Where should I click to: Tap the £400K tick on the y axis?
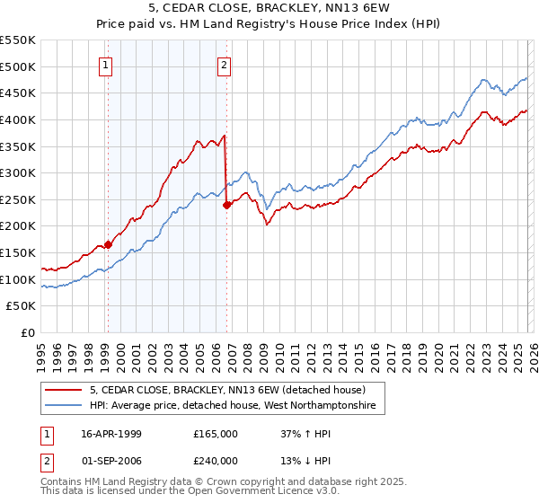point(18,119)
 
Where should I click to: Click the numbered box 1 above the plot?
point(106,64)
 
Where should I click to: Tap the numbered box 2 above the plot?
point(224,64)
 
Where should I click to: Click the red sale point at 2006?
point(226,205)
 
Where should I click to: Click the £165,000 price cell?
point(216,434)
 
